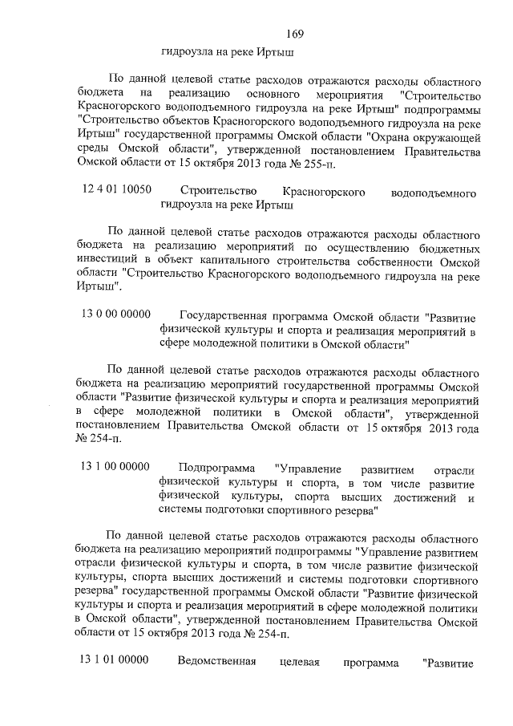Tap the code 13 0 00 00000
[x=115, y=315]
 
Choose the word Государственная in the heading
[x=228, y=316]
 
